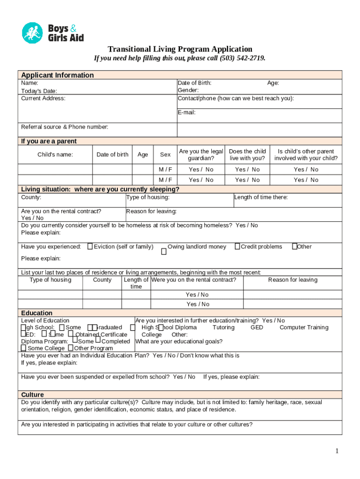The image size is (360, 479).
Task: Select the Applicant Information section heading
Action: coord(57,75)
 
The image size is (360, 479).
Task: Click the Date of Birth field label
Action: coord(194,83)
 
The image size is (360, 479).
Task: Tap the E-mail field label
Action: coord(187,112)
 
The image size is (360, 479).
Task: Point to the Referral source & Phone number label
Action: coord(65,127)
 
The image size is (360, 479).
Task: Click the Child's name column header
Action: coord(55,155)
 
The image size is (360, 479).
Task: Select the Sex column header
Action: coord(166,155)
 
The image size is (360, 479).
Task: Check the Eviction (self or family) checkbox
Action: coord(90,247)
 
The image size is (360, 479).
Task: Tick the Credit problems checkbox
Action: coord(237,247)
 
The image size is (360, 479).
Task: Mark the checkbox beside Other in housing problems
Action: coord(294,247)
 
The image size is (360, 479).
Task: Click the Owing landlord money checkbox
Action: coord(164,252)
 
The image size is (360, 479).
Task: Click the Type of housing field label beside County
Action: coord(148,197)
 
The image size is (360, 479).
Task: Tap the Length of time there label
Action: coord(261,197)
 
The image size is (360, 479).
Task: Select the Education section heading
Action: coord(37,313)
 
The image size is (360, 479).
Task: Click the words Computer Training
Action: coord(304,327)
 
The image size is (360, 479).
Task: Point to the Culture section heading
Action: coord(32,395)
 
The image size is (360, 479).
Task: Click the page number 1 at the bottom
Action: coord(336,451)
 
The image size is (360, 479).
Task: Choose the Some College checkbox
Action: coord(23,348)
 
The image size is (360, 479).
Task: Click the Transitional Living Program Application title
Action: coord(180,49)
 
